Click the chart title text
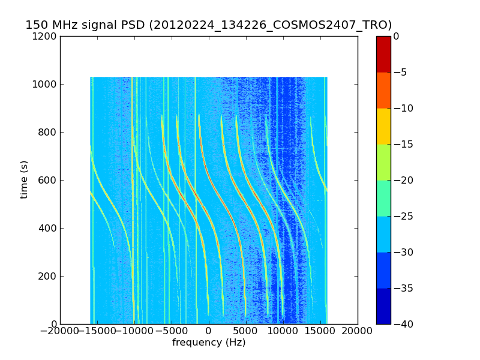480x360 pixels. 208,25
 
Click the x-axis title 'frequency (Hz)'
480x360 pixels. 209,343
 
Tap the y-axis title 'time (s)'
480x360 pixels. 24,179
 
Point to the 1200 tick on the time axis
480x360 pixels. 46,36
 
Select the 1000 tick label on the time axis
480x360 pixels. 46,84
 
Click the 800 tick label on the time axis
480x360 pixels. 48,132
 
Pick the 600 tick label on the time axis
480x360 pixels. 48,180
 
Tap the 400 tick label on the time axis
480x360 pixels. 48,228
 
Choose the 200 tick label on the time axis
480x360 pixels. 48,276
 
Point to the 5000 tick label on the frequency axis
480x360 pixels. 246,331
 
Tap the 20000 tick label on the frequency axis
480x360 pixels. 358,331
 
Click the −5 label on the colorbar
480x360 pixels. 400,72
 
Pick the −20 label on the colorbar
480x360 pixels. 403,180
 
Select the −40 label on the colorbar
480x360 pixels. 403,324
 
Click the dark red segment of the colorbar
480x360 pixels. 383,54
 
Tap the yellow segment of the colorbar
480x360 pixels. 383,126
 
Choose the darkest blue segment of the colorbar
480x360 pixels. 383,306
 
